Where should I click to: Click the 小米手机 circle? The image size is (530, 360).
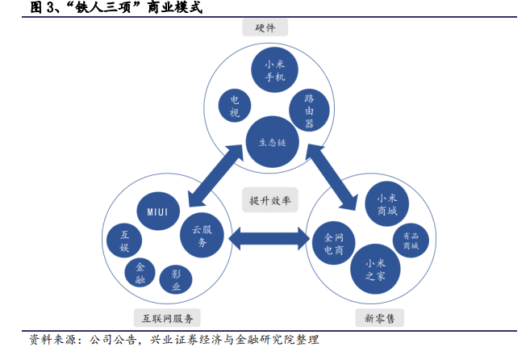pos(272,72)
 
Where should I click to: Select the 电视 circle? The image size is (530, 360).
pos(235,106)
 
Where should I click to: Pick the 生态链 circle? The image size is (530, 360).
pos(272,142)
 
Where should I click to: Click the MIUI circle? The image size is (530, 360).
pos(158,211)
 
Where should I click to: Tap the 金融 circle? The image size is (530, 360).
pos(141,274)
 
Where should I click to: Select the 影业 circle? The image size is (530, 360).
pos(176,280)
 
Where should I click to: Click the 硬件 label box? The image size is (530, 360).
pos(265,28)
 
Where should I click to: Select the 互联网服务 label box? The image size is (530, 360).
pos(168,317)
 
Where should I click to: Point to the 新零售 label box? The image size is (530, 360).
pos(379,317)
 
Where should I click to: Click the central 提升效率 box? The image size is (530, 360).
pos(269,200)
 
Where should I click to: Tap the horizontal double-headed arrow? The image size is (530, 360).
pos(269,238)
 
